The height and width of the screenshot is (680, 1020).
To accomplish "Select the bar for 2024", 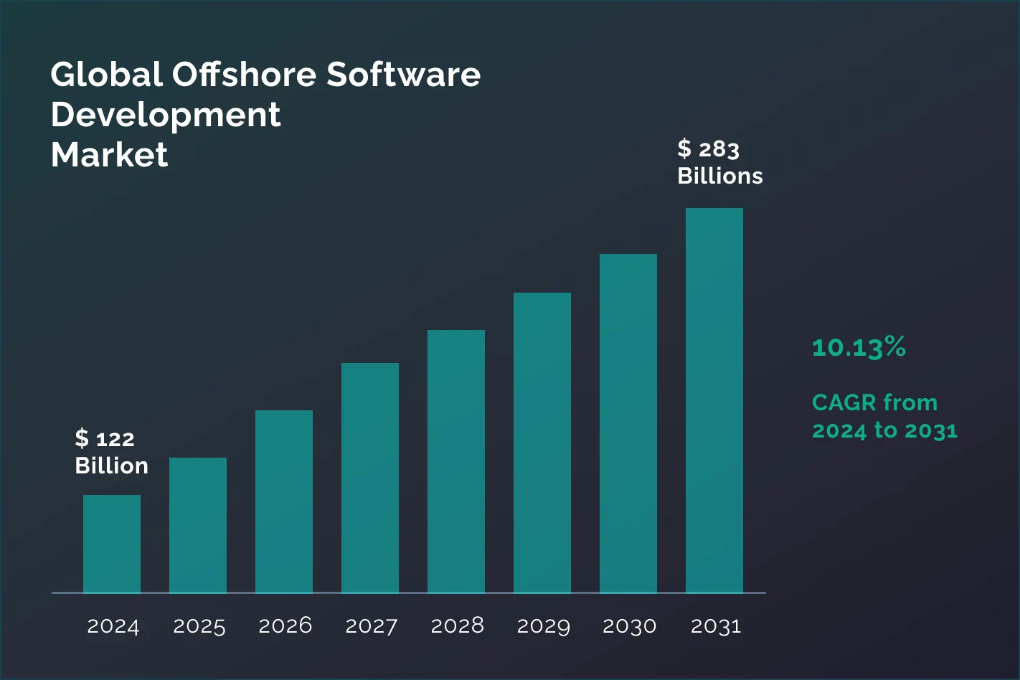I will coord(112,544).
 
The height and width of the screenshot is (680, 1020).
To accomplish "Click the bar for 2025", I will coord(198,525).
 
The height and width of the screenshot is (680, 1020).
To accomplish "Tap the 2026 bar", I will coord(284,501).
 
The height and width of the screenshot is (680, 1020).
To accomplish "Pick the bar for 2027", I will coord(370,478).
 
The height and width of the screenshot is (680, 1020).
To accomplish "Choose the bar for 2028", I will coord(456,461).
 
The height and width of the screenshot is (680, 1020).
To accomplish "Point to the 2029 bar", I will coord(542,443).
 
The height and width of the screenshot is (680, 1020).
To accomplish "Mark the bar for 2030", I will coord(628,423).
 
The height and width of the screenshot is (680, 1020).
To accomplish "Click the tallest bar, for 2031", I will coord(714,400).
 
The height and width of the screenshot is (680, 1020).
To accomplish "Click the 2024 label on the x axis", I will coord(113,626).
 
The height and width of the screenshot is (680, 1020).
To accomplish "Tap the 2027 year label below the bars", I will coord(371,626).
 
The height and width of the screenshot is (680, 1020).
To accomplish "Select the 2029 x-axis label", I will coord(543,626).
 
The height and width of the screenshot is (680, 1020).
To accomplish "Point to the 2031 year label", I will coord(715,626).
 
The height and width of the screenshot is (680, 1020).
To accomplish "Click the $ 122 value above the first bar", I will coord(105,438).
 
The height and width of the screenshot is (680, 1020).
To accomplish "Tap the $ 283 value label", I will coord(708,149).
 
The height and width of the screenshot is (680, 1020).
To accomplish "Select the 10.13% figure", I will coord(859,347).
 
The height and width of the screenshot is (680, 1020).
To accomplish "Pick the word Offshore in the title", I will coord(244,75).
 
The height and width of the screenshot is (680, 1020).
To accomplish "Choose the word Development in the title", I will coord(166,115).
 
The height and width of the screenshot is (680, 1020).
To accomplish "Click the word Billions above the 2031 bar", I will coord(720,176).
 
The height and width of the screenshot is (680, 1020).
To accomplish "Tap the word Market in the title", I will coord(109,155).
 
